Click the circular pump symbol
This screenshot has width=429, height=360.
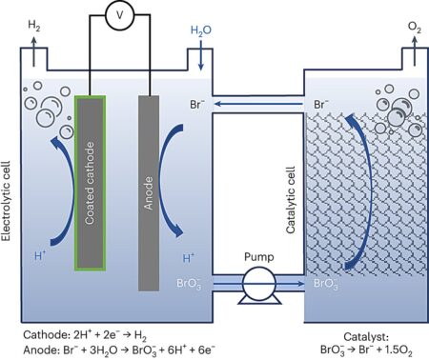click(x=257, y=283)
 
